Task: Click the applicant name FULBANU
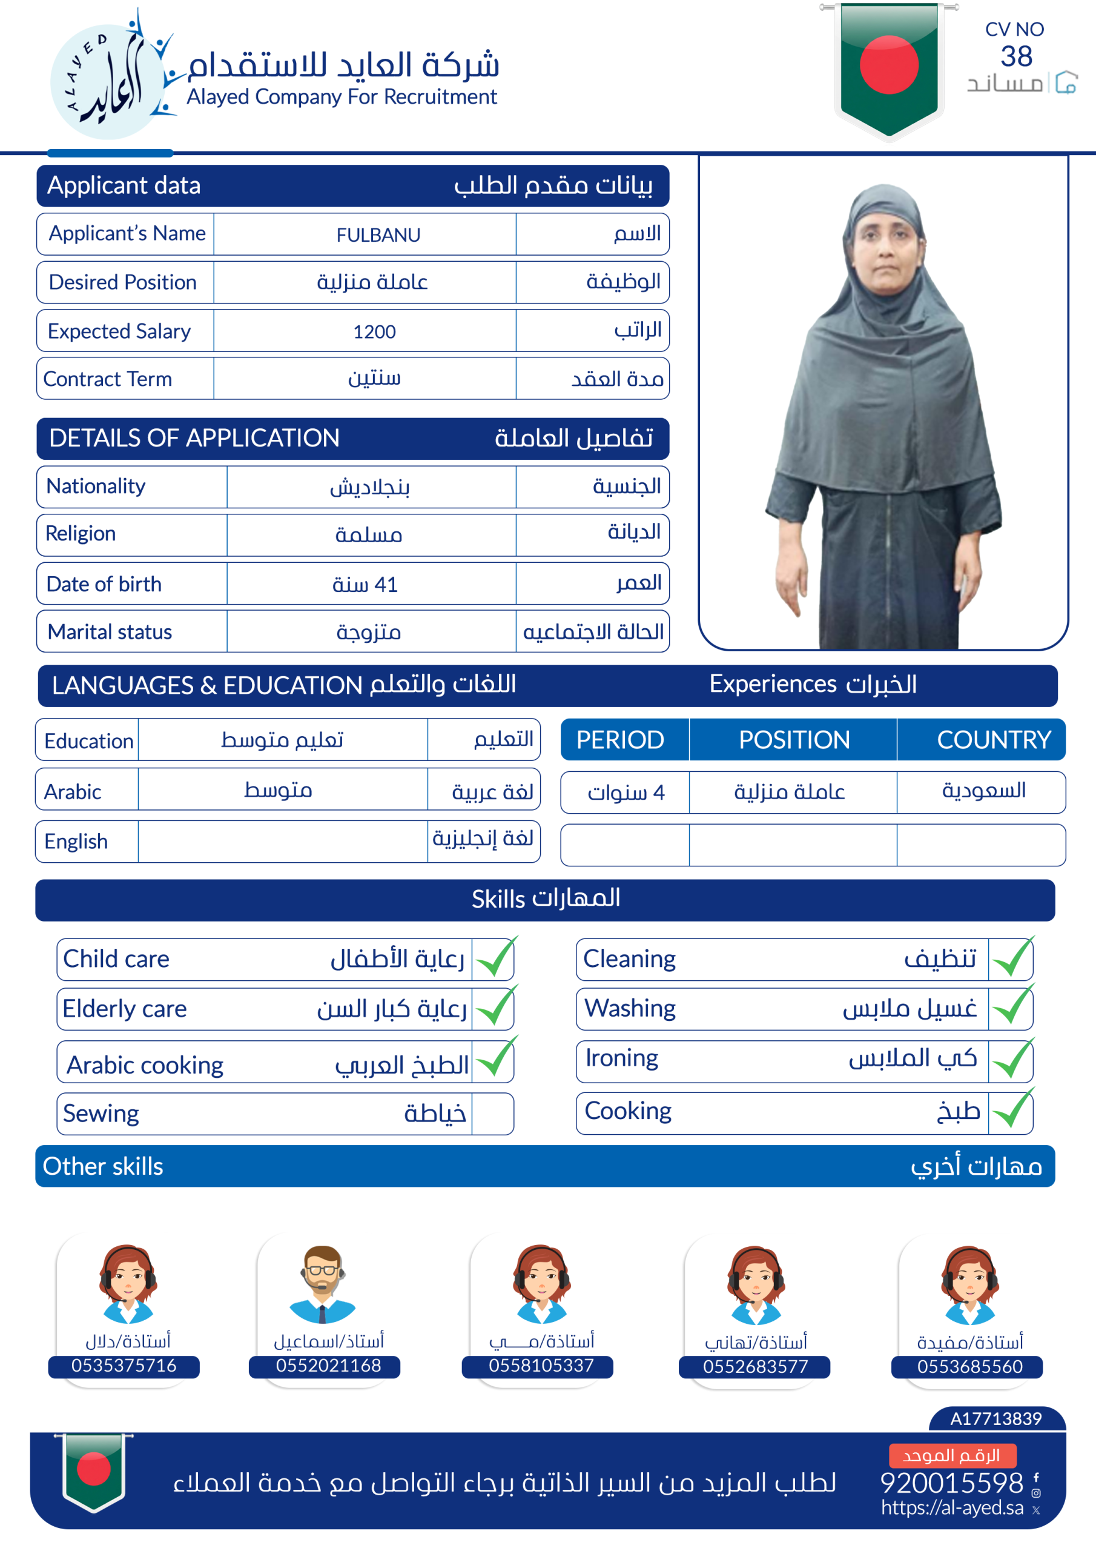tap(378, 235)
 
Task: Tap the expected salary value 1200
tap(374, 331)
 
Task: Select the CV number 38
tap(1015, 57)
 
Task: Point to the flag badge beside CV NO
tap(889, 67)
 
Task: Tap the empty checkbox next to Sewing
tap(492, 1113)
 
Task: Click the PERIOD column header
tap(620, 740)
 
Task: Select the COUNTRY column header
tap(993, 740)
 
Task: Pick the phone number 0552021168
tap(328, 1365)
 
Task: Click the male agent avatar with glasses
tap(322, 1283)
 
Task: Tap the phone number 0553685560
tap(969, 1367)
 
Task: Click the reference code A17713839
tap(995, 1418)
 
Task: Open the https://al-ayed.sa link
tap(951, 1508)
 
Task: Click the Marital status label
tap(110, 632)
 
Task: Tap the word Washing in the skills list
tap(629, 1008)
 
